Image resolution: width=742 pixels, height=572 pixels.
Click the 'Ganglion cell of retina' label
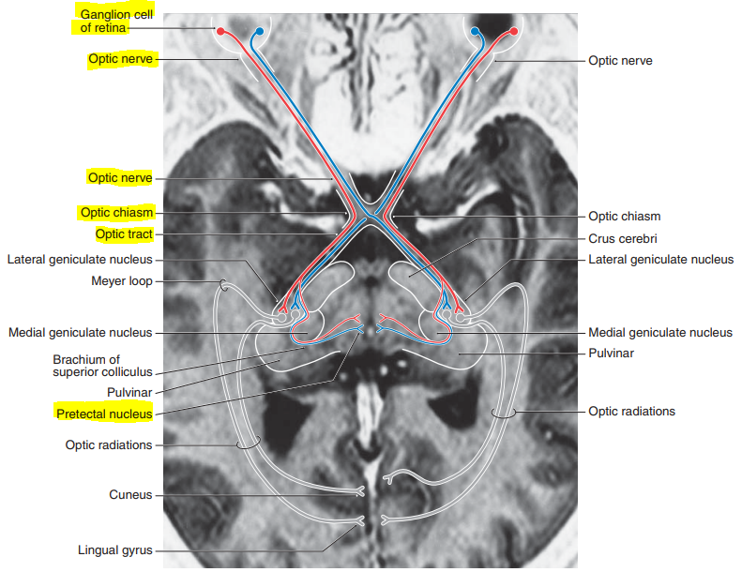tap(112, 21)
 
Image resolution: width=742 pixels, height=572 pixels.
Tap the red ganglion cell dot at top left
tap(220, 31)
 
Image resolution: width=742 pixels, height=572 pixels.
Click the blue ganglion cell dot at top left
tap(259, 31)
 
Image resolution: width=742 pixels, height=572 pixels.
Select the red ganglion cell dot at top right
tap(514, 31)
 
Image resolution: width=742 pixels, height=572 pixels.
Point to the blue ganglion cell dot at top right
tap(476, 31)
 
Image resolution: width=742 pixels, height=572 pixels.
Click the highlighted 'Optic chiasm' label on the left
tap(116, 213)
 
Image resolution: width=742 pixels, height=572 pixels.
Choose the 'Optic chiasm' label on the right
tap(625, 216)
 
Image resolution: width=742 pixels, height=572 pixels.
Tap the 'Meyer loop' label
tap(121, 280)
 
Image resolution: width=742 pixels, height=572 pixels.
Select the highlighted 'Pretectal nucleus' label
tap(103, 413)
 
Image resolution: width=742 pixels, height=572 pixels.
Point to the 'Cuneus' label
tap(129, 494)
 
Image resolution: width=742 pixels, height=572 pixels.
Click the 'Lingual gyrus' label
tap(114, 550)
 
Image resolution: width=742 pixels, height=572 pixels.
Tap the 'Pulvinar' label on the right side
tap(611, 354)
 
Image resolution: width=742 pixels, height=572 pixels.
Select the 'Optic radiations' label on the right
tap(631, 411)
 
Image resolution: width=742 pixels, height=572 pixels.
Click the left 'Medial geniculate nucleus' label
tap(80, 332)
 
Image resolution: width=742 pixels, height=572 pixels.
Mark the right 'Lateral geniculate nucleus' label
tap(660, 259)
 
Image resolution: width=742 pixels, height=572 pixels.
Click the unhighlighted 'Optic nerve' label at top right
tap(620, 60)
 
